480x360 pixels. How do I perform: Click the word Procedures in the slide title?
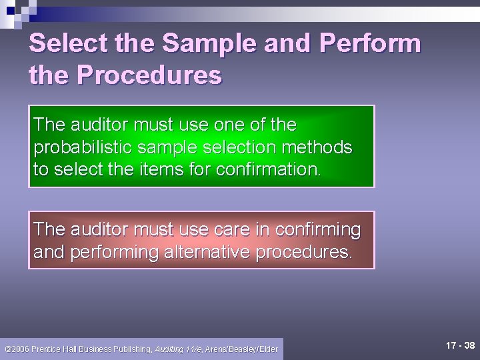click(x=149, y=75)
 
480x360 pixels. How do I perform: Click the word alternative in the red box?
click(x=216, y=253)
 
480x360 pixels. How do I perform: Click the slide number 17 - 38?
click(x=460, y=345)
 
